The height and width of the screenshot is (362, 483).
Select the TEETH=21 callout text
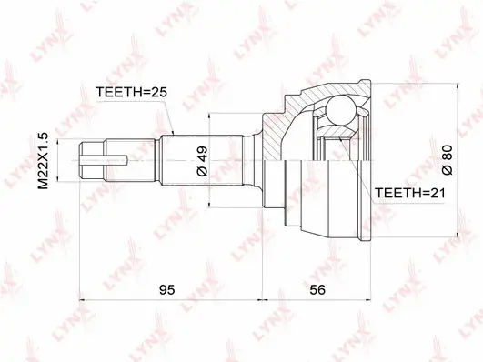tap(408, 193)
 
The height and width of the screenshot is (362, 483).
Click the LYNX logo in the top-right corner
tap(454, 26)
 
